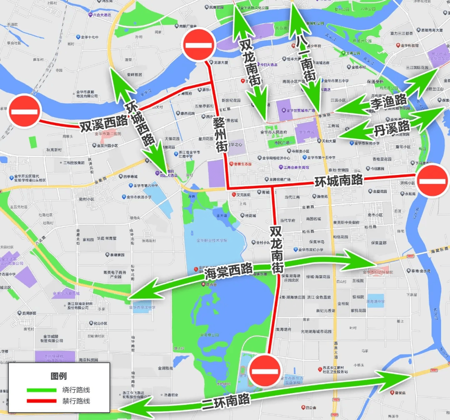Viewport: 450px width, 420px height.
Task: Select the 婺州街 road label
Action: coord(220,134)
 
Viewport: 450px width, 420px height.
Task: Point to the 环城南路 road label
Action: coord(338,181)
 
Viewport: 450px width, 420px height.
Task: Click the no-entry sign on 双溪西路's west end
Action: coord(25,111)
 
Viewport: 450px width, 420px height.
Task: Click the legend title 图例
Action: coord(59,376)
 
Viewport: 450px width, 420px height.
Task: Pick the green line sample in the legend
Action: coord(41,390)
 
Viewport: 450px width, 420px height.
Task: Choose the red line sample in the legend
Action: coord(41,401)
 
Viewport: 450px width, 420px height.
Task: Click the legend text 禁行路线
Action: coord(76,401)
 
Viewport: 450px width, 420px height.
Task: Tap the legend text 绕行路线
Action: coord(76,390)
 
